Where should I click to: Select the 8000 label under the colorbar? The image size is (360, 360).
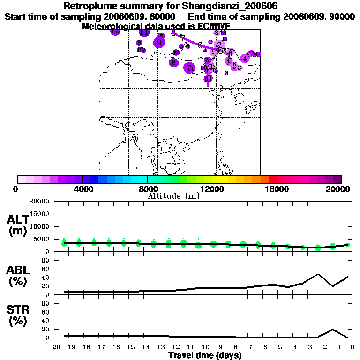[147, 189]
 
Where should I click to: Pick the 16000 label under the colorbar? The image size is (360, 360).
[277, 189]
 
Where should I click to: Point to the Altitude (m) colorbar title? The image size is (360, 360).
[173, 196]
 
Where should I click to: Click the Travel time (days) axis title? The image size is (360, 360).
[204, 356]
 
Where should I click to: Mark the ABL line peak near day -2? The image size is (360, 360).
[318, 274]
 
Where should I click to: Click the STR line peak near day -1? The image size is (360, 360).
[333, 329]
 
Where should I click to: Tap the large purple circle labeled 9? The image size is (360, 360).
[159, 43]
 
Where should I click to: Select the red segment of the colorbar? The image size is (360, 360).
[272, 179]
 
